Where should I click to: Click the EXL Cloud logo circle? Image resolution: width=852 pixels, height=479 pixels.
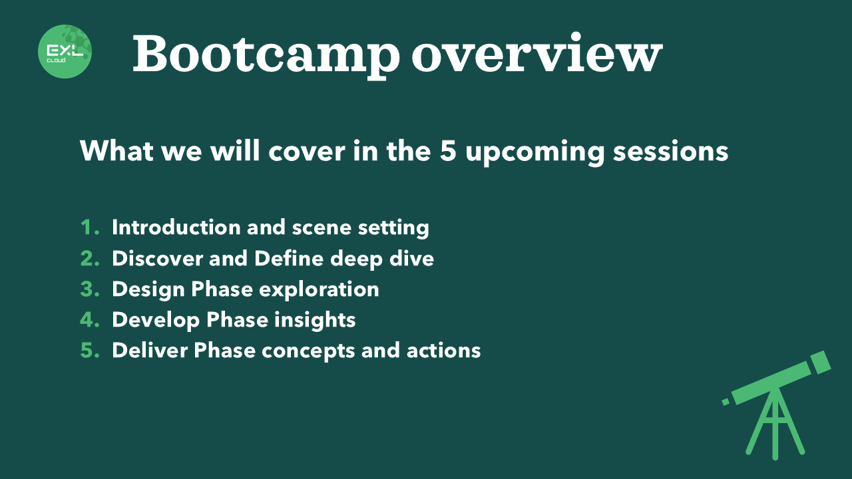[65, 51]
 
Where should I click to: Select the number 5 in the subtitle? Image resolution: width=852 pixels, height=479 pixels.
[448, 151]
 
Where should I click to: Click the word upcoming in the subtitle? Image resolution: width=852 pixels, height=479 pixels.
[534, 153]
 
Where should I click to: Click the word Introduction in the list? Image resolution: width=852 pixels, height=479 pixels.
[176, 228]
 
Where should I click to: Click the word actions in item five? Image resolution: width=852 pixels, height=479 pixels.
[443, 351]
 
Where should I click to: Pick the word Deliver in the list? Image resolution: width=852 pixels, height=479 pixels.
[150, 350]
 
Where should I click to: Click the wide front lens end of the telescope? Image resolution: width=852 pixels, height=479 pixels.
[821, 363]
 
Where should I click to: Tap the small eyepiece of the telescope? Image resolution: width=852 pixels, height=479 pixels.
[726, 402]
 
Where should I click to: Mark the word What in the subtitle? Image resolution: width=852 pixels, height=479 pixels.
[116, 151]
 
